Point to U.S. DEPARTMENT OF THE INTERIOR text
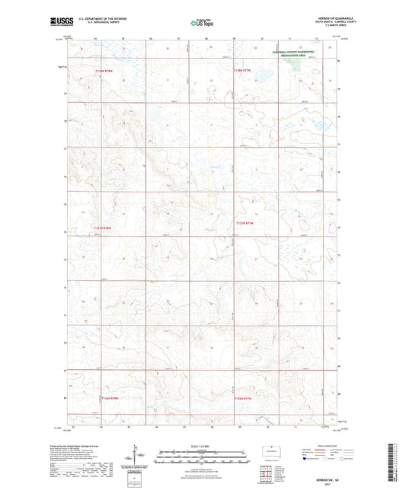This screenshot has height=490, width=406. pyautogui.click(x=97, y=21)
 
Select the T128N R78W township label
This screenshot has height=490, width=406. pyautogui.click(x=109, y=71)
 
